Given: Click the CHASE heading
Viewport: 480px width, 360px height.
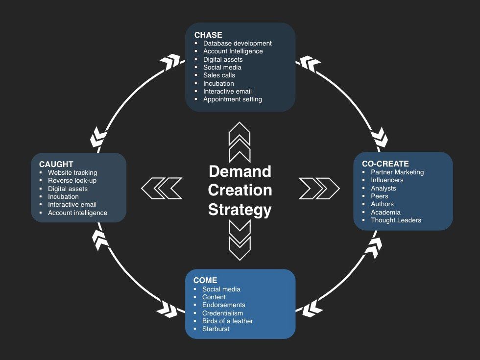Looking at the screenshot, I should [208, 35].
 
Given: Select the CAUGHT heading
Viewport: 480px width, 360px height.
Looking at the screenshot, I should [56, 165].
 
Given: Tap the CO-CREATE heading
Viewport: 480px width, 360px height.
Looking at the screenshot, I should [385, 164].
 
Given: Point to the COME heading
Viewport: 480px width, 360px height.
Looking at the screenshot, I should [205, 281].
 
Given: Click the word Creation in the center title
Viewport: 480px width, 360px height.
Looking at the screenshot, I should [240, 190].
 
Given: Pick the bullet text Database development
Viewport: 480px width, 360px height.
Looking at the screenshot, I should [237, 43].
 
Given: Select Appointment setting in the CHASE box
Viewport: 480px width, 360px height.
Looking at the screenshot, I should [232, 99].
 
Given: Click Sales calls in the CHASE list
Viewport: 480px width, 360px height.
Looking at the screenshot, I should [219, 75].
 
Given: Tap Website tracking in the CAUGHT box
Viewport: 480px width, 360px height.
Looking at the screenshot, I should [72, 173].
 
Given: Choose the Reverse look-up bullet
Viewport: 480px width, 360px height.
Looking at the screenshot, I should [72, 181].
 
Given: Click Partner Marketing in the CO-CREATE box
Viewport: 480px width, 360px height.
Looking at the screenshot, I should [397, 172].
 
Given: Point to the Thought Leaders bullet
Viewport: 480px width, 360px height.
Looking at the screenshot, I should [396, 220].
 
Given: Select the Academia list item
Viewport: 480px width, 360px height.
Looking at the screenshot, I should [385, 212].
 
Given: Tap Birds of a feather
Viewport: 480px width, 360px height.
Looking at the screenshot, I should [227, 321].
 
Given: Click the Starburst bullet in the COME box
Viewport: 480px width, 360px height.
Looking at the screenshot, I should [216, 329].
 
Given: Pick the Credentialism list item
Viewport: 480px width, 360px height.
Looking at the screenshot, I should [222, 313].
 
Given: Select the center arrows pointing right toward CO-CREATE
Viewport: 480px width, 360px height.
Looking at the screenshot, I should [319, 188].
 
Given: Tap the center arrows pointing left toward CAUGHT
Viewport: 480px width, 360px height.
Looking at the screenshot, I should [162, 188].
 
